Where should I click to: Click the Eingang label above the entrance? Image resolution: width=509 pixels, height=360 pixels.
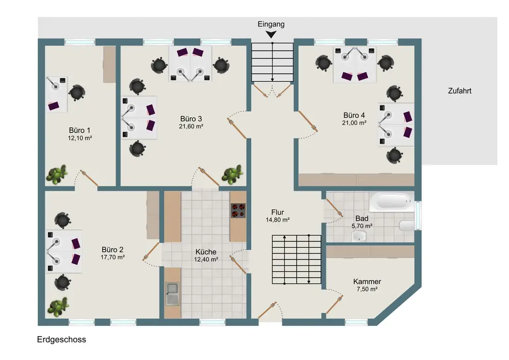pyautogui.click(x=271, y=24)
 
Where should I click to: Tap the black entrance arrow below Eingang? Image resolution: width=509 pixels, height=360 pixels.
pyautogui.click(x=271, y=34)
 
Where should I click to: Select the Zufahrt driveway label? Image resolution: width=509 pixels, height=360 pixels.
pyautogui.click(x=460, y=91)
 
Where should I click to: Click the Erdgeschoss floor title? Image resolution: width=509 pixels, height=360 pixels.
pyautogui.click(x=62, y=340)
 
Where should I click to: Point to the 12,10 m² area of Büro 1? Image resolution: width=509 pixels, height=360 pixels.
pyautogui.click(x=80, y=138)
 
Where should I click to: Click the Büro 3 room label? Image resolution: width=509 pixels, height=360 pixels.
pyautogui.click(x=191, y=119)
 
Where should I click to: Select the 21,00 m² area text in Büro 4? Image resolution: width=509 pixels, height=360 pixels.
pyautogui.click(x=354, y=123)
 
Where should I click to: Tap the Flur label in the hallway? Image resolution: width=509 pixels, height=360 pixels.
pyautogui.click(x=277, y=212)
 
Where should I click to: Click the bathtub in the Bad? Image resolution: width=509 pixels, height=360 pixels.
pyautogui.click(x=392, y=201)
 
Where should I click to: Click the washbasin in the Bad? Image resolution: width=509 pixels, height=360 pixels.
pyautogui.click(x=359, y=236)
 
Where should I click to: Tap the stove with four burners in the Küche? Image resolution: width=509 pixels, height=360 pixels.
pyautogui.click(x=238, y=210)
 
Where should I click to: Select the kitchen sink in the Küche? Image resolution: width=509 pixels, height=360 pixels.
pyautogui.click(x=172, y=294)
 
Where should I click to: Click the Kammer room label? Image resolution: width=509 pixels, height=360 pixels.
pyautogui.click(x=367, y=282)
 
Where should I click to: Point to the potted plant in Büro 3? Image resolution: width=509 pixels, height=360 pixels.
pyautogui.click(x=233, y=174)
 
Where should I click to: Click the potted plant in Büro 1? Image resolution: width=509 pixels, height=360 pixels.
pyautogui.click(x=57, y=175)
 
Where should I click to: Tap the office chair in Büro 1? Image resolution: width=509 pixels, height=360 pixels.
pyautogui.click(x=77, y=93)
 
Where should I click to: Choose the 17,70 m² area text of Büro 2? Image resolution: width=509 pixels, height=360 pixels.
pyautogui.click(x=112, y=257)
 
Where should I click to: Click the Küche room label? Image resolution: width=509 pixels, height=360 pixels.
pyautogui.click(x=206, y=252)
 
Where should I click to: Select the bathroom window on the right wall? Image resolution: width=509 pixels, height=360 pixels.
pyautogui.click(x=418, y=215)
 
